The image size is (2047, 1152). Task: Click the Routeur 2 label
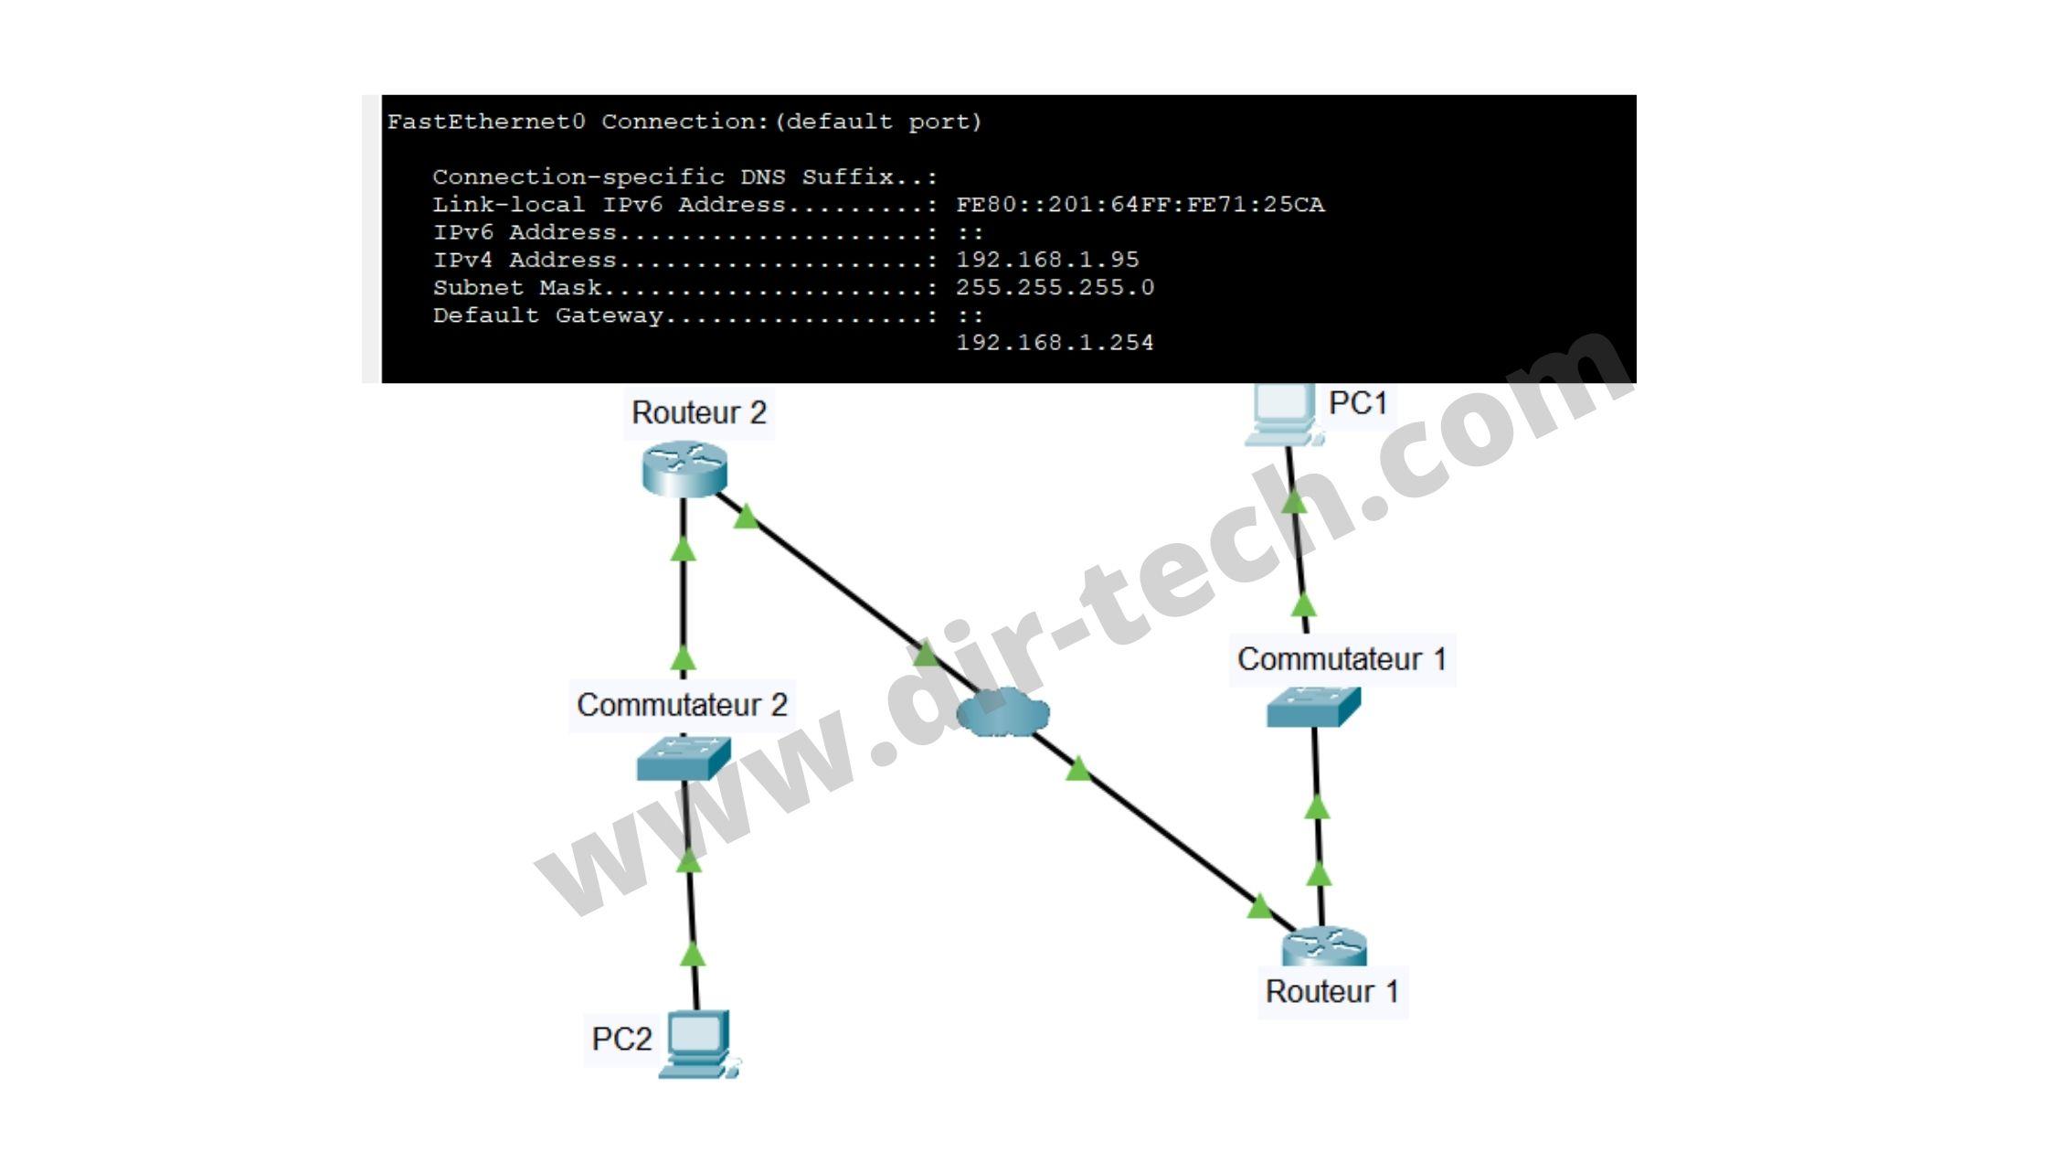point(699,413)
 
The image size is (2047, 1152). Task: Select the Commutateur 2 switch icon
point(684,758)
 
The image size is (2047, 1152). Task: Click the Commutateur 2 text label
point(682,705)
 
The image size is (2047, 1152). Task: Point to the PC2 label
point(621,1039)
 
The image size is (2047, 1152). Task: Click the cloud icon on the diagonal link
point(1002,712)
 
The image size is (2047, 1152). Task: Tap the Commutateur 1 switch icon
point(1313,707)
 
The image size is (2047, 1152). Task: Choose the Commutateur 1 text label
point(1342,659)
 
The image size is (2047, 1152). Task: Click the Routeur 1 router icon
point(1324,947)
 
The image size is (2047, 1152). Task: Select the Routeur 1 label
point(1332,991)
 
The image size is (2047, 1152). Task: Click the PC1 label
point(1358,402)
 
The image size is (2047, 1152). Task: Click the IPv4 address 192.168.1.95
point(1047,260)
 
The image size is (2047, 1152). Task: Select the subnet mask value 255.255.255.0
point(1055,287)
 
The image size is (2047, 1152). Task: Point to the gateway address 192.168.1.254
point(1055,342)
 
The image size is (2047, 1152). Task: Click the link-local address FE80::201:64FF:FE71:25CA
point(1140,205)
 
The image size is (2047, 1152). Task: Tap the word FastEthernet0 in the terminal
point(486,122)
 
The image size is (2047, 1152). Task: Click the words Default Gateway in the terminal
point(547,315)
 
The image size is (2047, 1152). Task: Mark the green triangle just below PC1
point(1294,500)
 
